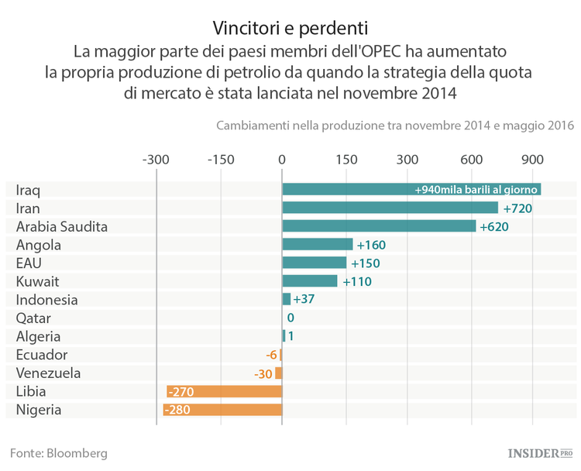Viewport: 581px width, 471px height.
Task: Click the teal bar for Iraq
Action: (411, 190)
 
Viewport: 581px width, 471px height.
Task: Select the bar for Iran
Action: (390, 208)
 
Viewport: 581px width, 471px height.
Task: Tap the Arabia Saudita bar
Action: (379, 226)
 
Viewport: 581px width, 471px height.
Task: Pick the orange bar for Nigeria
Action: (222, 410)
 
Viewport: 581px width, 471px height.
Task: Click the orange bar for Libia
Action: (225, 391)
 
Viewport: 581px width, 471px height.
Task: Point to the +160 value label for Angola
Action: (371, 245)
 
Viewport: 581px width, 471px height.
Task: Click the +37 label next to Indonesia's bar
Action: (304, 300)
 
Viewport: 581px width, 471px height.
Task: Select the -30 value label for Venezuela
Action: (263, 373)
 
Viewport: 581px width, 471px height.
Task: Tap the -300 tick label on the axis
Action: (156, 160)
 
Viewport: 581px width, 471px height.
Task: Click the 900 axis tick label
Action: (532, 160)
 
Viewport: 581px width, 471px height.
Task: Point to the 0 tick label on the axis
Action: (282, 160)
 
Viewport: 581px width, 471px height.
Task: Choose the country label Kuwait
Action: (37, 281)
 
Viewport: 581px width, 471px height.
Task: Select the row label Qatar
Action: (33, 318)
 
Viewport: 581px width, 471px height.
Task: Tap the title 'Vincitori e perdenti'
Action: (290, 29)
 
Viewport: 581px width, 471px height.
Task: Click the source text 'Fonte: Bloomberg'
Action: (59, 452)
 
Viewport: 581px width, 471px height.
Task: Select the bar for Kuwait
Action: (310, 281)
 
